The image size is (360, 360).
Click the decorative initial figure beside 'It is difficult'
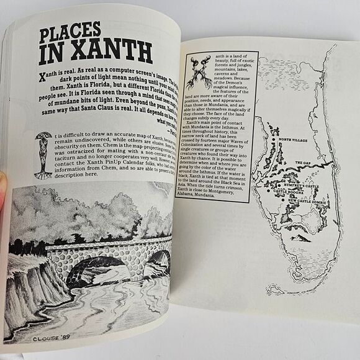coord(43,155)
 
